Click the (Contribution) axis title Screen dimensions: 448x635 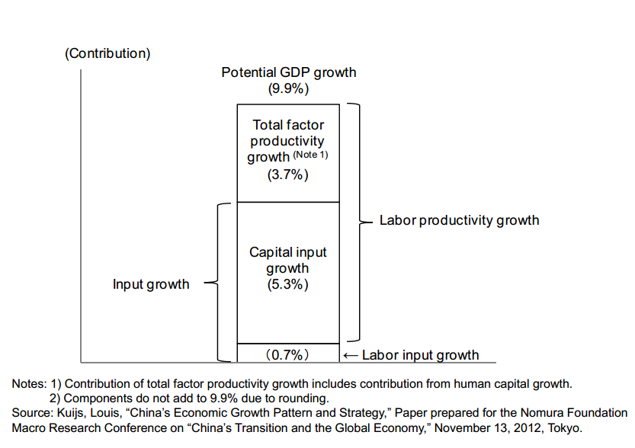pyautogui.click(x=107, y=53)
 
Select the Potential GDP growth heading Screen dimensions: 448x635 pyautogui.click(x=288, y=72)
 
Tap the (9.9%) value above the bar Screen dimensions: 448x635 pyautogui.click(x=288, y=88)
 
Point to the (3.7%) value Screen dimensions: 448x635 pyautogui.click(x=287, y=175)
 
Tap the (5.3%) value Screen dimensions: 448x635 pyautogui.click(x=287, y=285)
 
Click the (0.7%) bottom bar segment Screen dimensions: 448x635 pyautogui.click(x=287, y=354)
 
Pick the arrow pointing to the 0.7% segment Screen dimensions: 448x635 pyautogui.click(x=351, y=355)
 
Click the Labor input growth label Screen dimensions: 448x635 pyautogui.click(x=420, y=355)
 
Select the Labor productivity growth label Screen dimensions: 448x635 pyautogui.click(x=459, y=220)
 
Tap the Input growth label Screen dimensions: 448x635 pyautogui.click(x=151, y=284)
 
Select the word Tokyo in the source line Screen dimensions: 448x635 pyautogui.click(x=564, y=427)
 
